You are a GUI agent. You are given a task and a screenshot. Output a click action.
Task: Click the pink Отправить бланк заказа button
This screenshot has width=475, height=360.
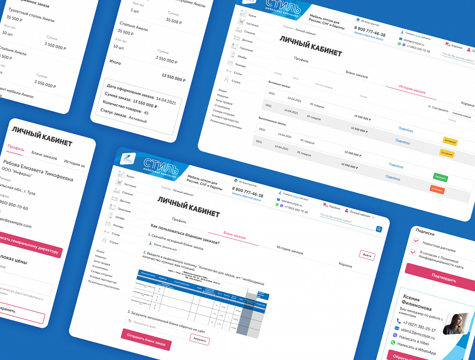[x=146, y=339]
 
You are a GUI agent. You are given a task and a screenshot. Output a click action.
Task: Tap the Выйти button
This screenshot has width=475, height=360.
[x=367, y=255]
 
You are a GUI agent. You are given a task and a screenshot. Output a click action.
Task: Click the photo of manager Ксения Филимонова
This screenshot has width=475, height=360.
[x=457, y=324]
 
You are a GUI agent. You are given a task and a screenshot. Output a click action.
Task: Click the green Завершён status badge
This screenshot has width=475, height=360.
[x=440, y=177]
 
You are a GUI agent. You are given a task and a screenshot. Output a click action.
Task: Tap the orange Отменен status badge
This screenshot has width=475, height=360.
[x=437, y=189]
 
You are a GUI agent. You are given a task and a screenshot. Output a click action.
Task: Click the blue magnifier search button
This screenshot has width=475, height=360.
[x=379, y=229]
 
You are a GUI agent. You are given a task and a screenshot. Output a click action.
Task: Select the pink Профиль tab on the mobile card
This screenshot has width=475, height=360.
[x=16, y=148]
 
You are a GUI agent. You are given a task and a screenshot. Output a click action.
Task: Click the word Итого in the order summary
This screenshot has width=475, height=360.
[x=115, y=62]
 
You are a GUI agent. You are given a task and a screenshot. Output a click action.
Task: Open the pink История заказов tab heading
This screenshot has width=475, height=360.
[x=411, y=91]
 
